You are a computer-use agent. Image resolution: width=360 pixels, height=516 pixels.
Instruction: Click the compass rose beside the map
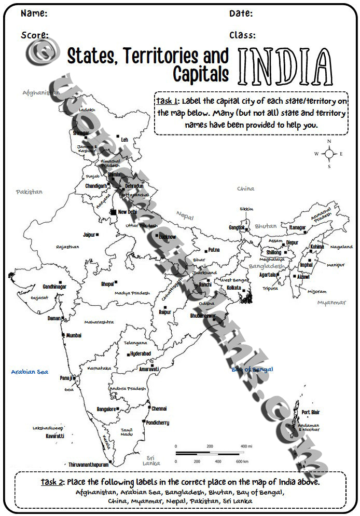[329, 154]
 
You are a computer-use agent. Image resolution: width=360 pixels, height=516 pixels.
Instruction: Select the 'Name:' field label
[34, 13]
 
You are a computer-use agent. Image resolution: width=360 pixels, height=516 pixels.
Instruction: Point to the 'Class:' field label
[242, 35]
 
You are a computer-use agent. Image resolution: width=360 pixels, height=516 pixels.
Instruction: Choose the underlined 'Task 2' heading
[51, 482]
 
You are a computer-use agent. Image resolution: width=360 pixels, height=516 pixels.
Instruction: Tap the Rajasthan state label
[67, 247]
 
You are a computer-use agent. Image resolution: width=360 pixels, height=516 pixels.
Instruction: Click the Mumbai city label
[74, 335]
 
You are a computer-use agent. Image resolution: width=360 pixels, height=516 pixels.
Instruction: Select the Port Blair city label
[311, 412]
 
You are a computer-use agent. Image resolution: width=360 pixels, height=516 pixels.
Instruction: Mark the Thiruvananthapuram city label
[89, 465]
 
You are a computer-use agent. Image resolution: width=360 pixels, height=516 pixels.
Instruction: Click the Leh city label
[124, 140]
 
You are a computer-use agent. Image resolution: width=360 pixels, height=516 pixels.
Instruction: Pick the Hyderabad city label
[141, 354]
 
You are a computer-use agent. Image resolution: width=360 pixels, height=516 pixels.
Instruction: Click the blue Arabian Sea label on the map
[30, 372]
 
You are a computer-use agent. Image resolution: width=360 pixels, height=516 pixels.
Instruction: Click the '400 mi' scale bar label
[246, 446]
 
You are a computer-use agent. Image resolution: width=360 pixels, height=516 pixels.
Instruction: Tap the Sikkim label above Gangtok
[246, 209]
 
